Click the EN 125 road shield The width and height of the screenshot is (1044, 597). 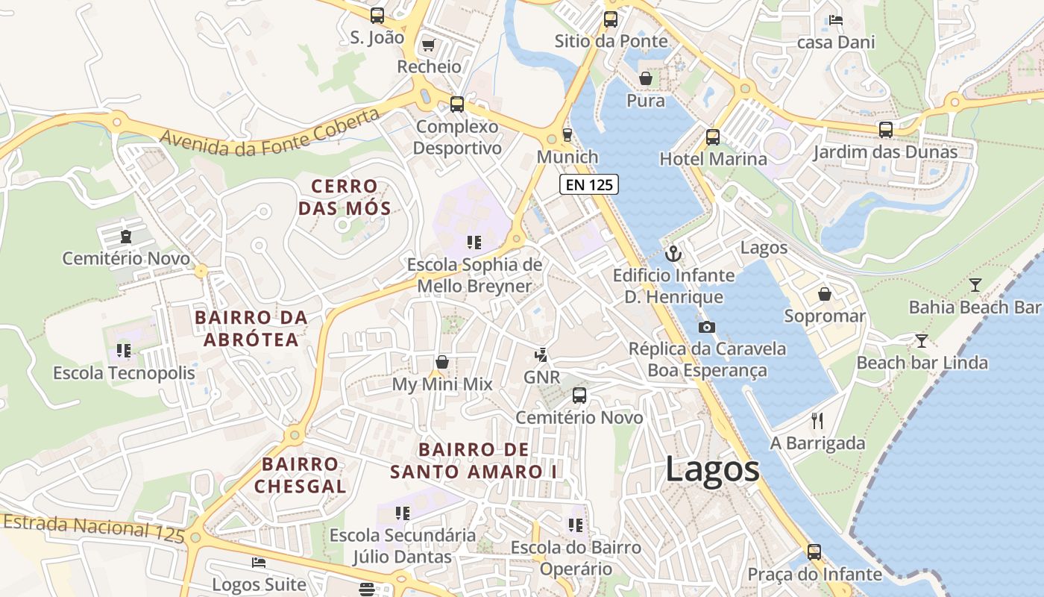(x=589, y=184)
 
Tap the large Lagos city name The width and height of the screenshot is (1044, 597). (x=712, y=469)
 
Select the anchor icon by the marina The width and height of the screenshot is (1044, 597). (x=673, y=254)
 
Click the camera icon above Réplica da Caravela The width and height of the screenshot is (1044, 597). (x=706, y=327)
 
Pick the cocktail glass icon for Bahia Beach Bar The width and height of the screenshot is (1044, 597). (x=975, y=285)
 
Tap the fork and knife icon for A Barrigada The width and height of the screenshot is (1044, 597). (x=817, y=421)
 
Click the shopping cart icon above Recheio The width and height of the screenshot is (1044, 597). (x=428, y=46)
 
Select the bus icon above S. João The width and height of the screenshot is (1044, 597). (x=377, y=15)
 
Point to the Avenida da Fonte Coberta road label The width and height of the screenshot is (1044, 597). (x=269, y=134)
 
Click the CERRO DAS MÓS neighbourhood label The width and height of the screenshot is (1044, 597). (x=345, y=197)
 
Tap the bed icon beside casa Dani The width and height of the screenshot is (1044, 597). (x=836, y=20)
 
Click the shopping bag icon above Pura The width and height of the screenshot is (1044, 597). (x=646, y=78)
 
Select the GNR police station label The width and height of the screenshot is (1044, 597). (x=541, y=377)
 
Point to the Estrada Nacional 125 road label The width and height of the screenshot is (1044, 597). (x=92, y=528)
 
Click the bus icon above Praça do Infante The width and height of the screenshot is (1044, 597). (x=814, y=552)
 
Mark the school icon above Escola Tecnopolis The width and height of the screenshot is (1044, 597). (x=124, y=350)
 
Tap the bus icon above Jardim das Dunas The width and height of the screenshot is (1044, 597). (x=885, y=130)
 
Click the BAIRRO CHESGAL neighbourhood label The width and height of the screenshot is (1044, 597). (x=300, y=475)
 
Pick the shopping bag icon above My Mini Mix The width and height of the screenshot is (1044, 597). (x=442, y=362)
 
